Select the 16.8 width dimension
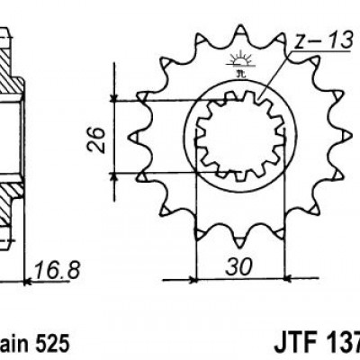tap(52, 269)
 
